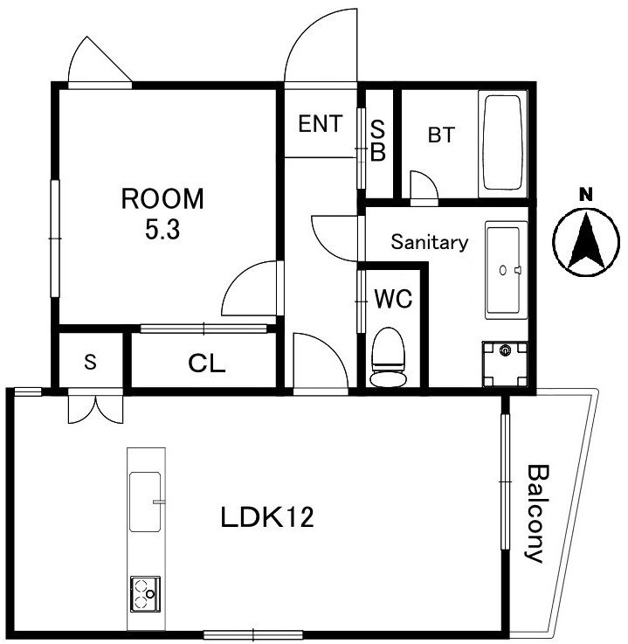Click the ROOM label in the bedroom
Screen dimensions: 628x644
pyautogui.click(x=162, y=198)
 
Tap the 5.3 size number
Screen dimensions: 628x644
pyautogui.click(x=162, y=229)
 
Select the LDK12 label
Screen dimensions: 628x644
pyautogui.click(x=267, y=517)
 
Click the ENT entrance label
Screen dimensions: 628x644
pyautogui.click(x=321, y=123)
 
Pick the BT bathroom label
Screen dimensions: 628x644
pyautogui.click(x=441, y=135)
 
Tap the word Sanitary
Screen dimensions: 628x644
pyautogui.click(x=430, y=242)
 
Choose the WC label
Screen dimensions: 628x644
pyautogui.click(x=393, y=299)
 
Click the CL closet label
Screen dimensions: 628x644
pyautogui.click(x=207, y=364)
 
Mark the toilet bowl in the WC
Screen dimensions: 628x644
pyautogui.click(x=389, y=357)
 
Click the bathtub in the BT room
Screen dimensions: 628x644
pyautogui.click(x=503, y=143)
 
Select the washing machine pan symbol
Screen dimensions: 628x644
pyautogui.click(x=505, y=364)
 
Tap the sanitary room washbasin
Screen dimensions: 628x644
pyautogui.click(x=506, y=270)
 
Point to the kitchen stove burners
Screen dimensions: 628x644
pyautogui.click(x=145, y=594)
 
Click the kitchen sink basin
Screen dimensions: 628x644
pyautogui.click(x=145, y=502)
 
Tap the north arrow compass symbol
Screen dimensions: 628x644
pyautogui.click(x=586, y=242)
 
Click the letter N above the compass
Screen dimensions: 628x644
pyautogui.click(x=586, y=194)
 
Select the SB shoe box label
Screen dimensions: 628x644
pyautogui.click(x=378, y=141)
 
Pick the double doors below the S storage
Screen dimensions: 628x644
pyautogui.click(x=95, y=409)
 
